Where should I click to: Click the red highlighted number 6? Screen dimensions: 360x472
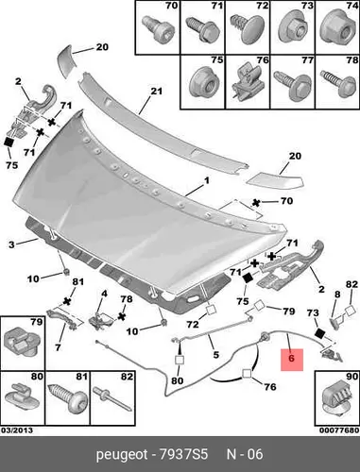(291, 359)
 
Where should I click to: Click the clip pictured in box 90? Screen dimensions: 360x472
(336, 400)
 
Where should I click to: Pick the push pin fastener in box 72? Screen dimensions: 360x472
(247, 29)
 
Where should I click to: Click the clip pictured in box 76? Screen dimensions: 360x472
(248, 81)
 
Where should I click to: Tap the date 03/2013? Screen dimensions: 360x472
(17, 430)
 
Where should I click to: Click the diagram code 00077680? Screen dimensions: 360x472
(339, 430)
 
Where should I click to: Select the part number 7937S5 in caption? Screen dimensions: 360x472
(183, 454)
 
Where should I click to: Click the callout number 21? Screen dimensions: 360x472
(156, 92)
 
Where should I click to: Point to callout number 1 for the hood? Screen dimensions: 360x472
(207, 180)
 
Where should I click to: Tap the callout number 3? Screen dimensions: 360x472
(11, 244)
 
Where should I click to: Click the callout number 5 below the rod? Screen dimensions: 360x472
(215, 355)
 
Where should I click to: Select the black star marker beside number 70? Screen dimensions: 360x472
(256, 203)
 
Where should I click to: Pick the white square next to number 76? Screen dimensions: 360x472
(247, 374)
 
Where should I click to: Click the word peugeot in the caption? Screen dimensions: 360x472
(122, 455)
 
